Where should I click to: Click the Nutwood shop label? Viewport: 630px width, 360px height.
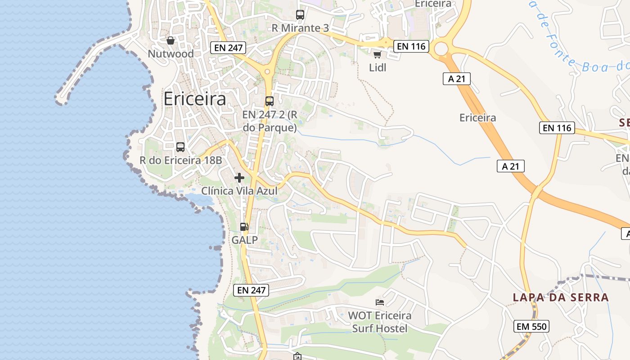pos(171,54)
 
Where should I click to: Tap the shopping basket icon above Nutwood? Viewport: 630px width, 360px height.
pos(171,41)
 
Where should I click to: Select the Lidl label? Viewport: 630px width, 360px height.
pos(378,67)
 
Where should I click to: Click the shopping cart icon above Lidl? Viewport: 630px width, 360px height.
pos(377,54)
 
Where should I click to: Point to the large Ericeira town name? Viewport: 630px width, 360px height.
pos(194,99)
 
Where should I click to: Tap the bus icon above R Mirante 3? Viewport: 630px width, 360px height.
pos(300,15)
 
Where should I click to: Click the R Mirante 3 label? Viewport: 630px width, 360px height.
pos(300,28)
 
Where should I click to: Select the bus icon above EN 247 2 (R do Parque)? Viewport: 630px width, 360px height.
pos(270,101)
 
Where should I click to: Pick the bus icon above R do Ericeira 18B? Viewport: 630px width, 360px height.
pos(180,147)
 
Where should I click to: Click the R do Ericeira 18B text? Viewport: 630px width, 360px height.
pos(181,160)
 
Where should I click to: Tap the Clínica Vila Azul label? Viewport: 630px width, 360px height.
pos(239,191)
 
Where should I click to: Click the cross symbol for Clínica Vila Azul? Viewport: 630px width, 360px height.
pos(239,178)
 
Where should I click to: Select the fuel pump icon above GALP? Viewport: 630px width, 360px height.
pos(244,227)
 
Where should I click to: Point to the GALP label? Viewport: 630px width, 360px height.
pos(245,240)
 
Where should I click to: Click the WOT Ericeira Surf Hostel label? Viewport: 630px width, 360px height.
pos(380,322)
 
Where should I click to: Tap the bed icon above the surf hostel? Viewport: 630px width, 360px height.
pos(380,302)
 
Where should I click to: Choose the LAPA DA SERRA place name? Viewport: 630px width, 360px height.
pos(561,297)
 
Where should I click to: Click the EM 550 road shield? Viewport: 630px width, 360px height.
pos(531,326)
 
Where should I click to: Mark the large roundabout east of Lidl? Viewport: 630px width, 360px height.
pos(441,48)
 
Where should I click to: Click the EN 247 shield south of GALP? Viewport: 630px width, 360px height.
pos(252,290)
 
